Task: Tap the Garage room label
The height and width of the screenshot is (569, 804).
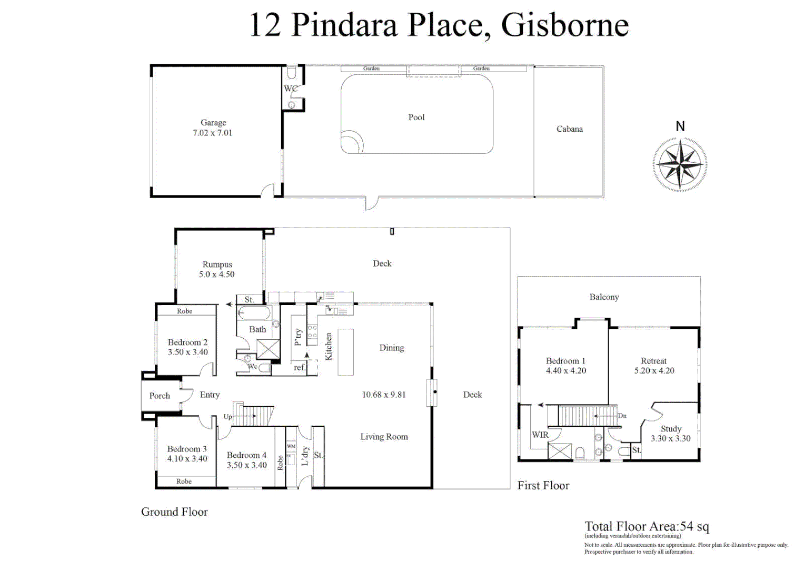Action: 213,123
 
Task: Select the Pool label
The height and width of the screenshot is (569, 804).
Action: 416,117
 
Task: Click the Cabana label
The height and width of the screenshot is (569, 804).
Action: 569,129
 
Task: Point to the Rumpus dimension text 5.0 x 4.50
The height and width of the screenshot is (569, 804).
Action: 216,274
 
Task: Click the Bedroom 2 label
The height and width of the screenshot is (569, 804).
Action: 187,342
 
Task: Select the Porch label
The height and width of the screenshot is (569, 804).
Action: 160,396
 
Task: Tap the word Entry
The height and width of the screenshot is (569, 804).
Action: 210,395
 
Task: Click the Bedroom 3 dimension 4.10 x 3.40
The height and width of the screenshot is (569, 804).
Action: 187,459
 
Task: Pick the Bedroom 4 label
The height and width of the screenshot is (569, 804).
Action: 246,455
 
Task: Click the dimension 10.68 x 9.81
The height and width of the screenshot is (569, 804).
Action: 383,395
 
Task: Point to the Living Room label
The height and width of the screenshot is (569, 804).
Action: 384,437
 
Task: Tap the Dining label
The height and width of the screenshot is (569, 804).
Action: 391,348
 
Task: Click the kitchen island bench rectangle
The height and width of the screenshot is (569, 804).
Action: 345,352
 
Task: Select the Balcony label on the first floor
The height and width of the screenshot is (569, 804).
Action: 604,297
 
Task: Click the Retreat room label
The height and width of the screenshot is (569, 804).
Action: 653,361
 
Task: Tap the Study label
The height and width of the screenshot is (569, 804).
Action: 671,429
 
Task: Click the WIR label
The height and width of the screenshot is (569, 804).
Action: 540,435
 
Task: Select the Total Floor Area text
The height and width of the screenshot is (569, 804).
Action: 647,526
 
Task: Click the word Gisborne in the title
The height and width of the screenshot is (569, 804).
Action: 564,25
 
